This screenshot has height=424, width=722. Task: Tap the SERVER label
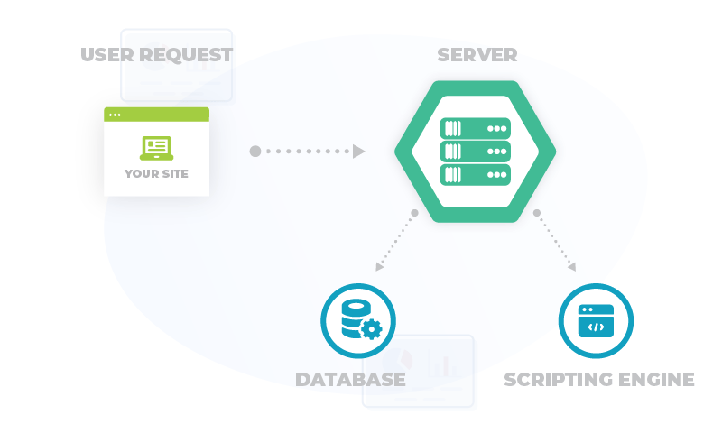[477, 55]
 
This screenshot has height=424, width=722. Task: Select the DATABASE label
[350, 379]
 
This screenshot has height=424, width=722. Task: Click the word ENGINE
[655, 379]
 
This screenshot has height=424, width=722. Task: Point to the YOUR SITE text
[156, 173]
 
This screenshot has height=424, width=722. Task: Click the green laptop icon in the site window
[156, 148]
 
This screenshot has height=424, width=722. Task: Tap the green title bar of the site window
[156, 114]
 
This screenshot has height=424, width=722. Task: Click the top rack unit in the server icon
[476, 129]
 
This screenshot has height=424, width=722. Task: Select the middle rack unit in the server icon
[476, 152]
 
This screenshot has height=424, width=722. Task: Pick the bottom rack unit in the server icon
[476, 174]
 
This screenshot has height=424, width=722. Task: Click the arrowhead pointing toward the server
[358, 152]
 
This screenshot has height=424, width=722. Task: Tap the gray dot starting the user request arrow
[255, 152]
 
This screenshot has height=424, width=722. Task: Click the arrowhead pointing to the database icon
[380, 266]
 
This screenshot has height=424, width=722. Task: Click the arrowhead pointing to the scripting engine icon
[571, 266]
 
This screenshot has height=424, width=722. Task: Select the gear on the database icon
[370, 329]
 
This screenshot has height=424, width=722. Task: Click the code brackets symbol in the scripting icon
[596, 327]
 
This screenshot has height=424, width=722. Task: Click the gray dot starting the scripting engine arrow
[537, 214]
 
